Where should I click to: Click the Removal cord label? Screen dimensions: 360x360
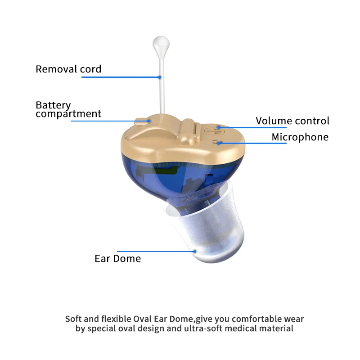click(68, 69)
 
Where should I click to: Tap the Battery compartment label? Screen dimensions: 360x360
click(68, 109)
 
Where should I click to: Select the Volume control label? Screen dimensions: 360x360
click(292, 121)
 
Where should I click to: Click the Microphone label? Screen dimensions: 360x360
click(300, 137)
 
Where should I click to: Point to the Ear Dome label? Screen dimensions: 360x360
click(117, 258)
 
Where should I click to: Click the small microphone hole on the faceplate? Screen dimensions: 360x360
click(219, 143)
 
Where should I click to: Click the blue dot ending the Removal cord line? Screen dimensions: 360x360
click(160, 77)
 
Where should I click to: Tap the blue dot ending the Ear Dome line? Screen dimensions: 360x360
click(195, 251)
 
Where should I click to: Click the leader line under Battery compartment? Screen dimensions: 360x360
click(103, 121)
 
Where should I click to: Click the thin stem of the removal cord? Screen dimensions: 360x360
click(160, 90)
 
